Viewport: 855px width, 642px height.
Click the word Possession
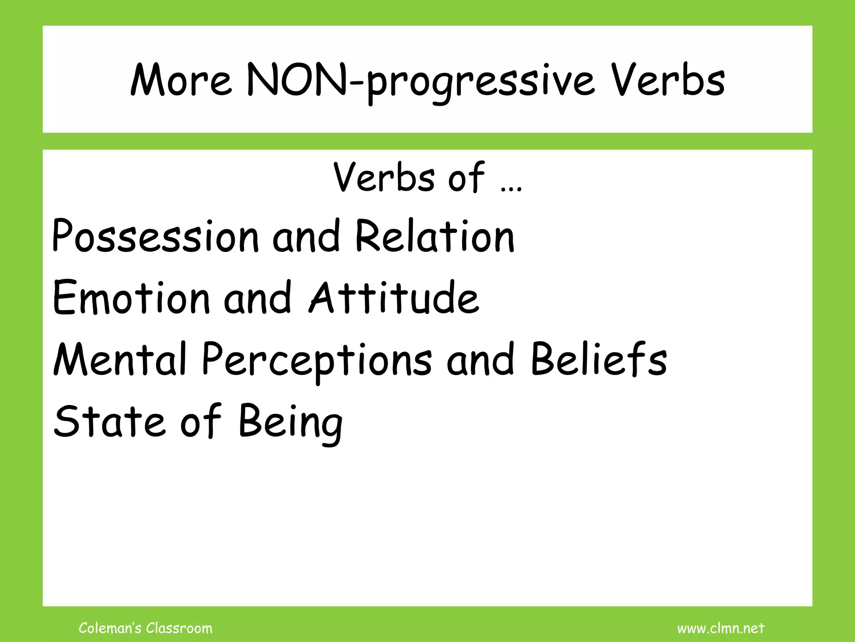coord(156,237)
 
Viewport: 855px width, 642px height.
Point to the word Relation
coord(435,237)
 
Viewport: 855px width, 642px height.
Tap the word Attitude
coord(394,298)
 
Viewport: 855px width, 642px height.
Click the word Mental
coord(120,359)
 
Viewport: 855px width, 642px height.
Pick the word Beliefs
coord(599,359)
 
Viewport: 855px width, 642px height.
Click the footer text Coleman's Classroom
coord(145,628)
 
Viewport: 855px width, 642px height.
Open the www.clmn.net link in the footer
coord(721,628)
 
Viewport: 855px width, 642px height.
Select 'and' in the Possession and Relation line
coord(306,237)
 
